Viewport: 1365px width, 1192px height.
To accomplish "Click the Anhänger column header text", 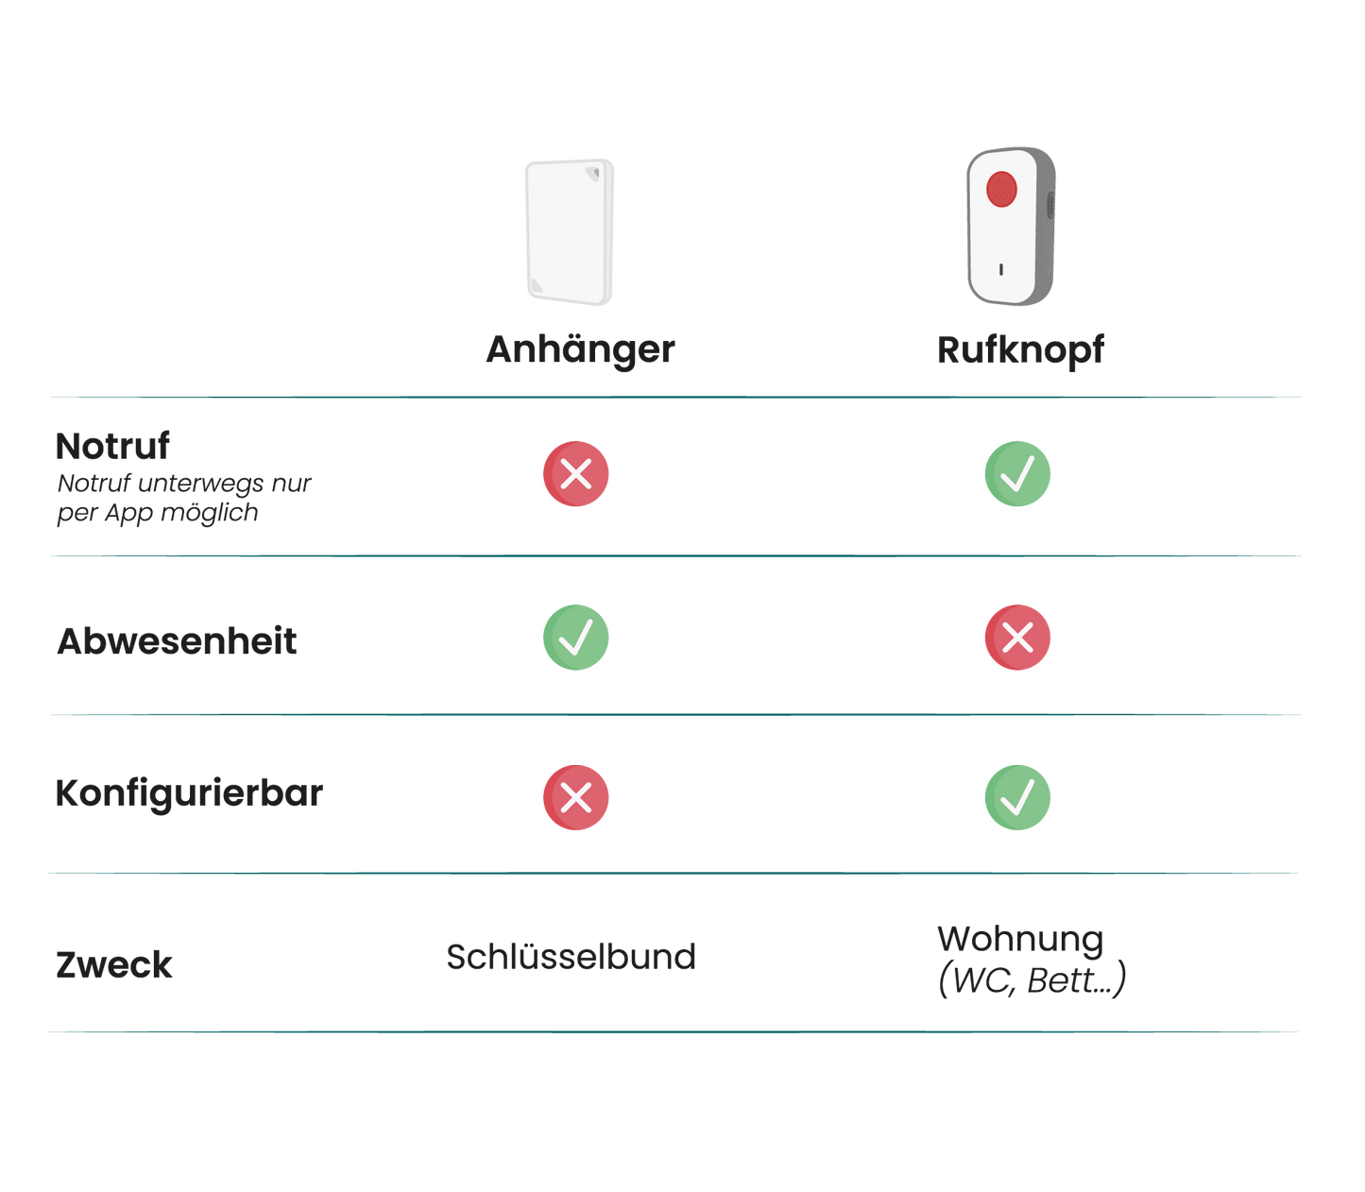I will coord(580,349).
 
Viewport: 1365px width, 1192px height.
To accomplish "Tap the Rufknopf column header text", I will coord(1019,349).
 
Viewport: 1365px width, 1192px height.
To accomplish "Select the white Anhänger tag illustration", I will coord(570,231).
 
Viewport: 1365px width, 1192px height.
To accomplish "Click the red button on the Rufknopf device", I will coord(1001,189).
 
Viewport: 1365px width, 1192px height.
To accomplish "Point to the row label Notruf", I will coord(112,446).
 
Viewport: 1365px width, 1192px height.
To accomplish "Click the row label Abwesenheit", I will coord(177,641).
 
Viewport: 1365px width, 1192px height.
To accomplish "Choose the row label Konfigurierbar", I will coord(189,793).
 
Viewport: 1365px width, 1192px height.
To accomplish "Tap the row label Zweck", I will coord(114,964).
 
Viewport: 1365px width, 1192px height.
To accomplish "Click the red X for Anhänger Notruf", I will coord(576,473).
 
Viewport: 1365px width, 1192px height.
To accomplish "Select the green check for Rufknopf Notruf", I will coord(1017,473).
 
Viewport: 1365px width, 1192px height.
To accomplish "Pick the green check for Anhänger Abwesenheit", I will coord(576,638).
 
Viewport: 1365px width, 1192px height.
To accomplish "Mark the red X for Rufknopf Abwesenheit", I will coord(1017,638).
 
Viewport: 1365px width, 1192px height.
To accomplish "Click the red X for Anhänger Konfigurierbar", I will coord(576,797).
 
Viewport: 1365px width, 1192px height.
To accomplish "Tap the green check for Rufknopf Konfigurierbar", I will coord(1017,797).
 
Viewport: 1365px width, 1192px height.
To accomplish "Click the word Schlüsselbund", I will coord(571,957).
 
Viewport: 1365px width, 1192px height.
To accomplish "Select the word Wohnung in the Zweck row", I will coord(1019,939).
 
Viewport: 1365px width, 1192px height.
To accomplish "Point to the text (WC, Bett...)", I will coord(1032,980).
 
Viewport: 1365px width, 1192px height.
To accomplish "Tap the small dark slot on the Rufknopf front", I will coord(1001,269).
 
